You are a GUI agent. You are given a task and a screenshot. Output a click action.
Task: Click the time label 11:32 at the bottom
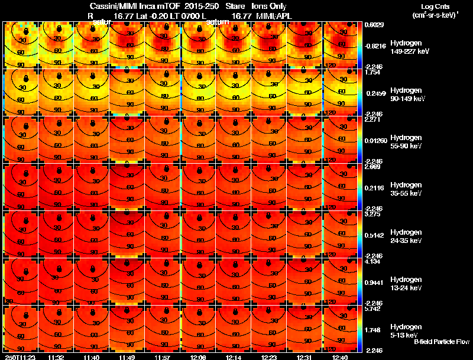56,357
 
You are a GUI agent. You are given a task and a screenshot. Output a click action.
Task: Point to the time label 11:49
127,357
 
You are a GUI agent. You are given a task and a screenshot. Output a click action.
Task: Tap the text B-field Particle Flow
442,342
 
